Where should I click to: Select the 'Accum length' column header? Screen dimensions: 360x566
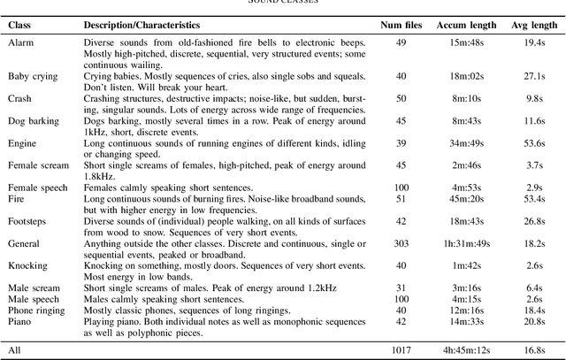tap(464, 25)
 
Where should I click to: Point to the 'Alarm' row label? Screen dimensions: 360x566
tap(21, 42)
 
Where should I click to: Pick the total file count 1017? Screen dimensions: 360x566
tap(402, 349)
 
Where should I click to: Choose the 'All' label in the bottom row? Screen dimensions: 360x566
tap(14, 349)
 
